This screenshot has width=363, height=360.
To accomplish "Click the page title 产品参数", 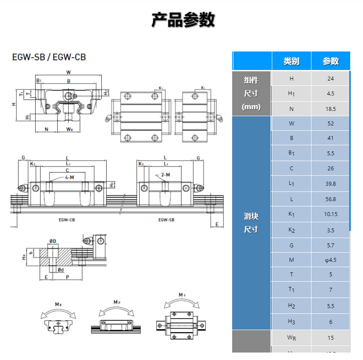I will (x=183, y=20).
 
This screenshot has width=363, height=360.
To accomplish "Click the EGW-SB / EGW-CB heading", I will (x=49, y=57).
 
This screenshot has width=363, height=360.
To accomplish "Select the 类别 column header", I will (x=291, y=61).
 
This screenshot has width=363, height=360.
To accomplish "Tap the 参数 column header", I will (x=330, y=61).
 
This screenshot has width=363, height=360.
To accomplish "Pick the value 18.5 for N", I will (x=330, y=109).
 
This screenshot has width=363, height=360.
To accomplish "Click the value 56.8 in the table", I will (x=330, y=199).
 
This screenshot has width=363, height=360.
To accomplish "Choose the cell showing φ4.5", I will (x=330, y=260).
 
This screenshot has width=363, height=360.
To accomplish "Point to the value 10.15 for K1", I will (x=330, y=214).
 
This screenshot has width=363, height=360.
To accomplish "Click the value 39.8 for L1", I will (x=330, y=184).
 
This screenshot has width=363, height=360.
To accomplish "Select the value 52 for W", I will (x=330, y=124).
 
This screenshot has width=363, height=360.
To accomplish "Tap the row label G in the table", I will (x=291, y=245).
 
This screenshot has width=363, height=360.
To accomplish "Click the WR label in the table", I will (x=291, y=338).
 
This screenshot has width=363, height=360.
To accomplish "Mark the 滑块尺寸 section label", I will (x=251, y=223).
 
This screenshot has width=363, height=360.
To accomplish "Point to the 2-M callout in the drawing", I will (x=166, y=175).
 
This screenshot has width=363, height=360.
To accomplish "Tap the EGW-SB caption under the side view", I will (x=166, y=219).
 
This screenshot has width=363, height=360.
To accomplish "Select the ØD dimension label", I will (x=52, y=241).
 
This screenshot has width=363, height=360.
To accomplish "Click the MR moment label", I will (x=58, y=304).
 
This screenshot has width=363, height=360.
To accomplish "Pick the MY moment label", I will (x=182, y=294).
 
